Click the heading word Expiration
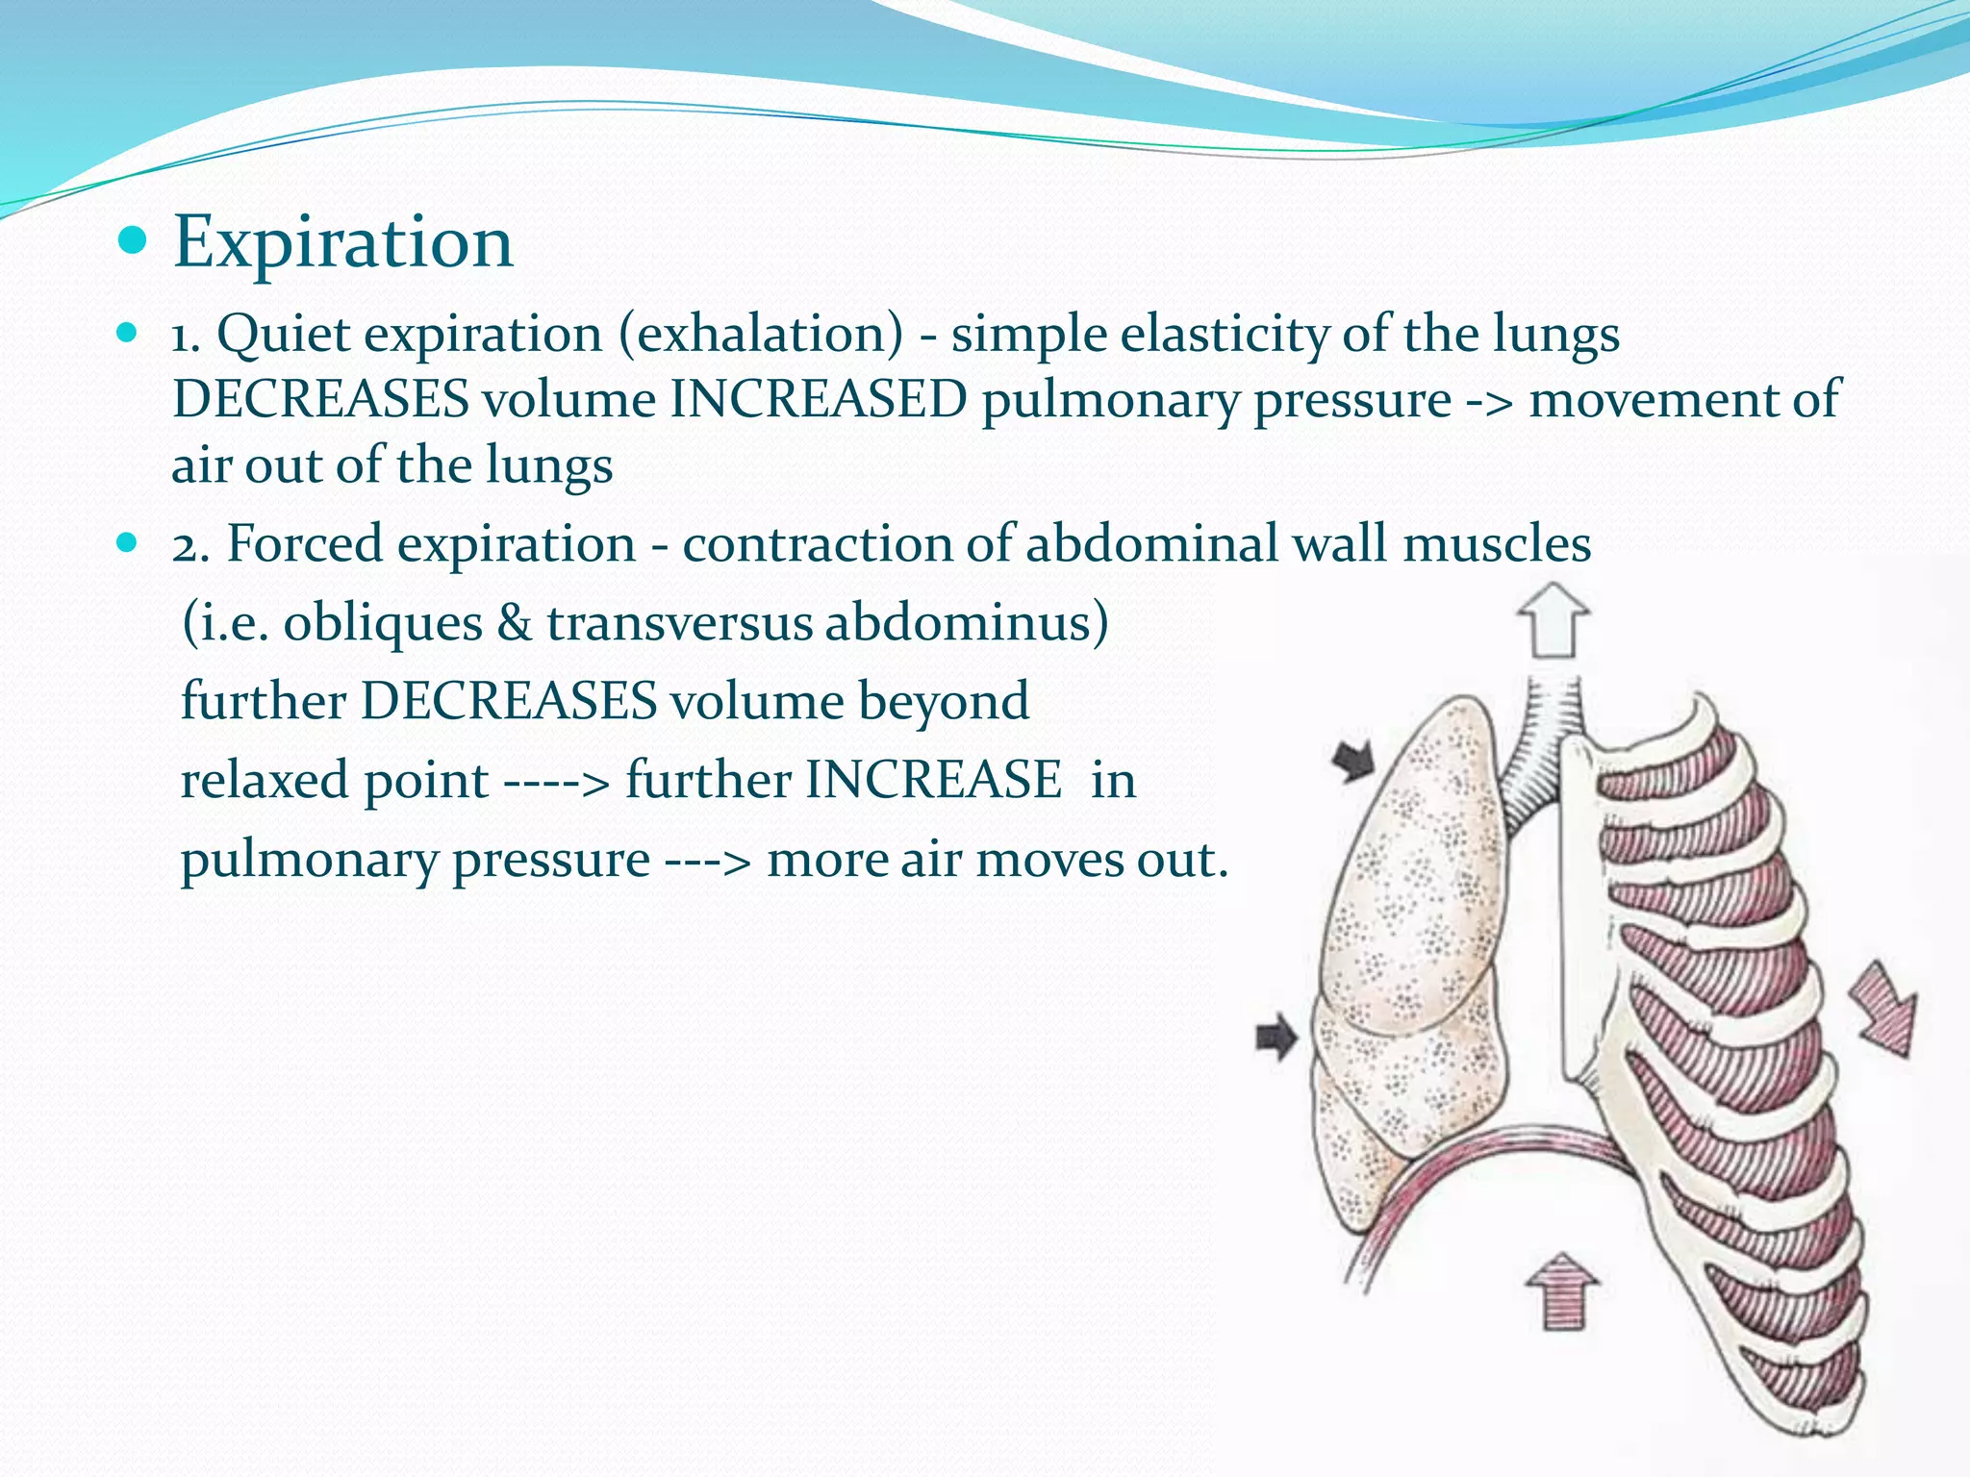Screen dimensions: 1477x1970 click(342, 242)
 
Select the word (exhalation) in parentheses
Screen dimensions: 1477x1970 click(760, 335)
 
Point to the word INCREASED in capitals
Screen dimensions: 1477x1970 click(818, 400)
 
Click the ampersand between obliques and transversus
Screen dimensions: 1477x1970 click(515, 622)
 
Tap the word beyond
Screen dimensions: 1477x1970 click(943, 701)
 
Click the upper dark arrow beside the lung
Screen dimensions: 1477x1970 click(1354, 761)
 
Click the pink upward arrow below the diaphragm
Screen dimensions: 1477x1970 click(1562, 1291)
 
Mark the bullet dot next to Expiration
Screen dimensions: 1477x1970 click(132, 239)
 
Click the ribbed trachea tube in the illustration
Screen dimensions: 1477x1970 click(1538, 750)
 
